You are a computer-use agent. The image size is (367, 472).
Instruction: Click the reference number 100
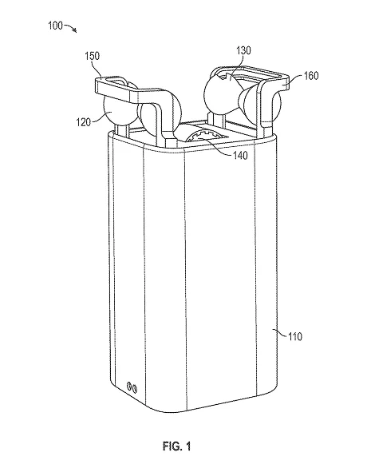[56, 26]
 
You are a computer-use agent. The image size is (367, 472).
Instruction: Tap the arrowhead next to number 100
[75, 30]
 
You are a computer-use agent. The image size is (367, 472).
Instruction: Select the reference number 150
[92, 56]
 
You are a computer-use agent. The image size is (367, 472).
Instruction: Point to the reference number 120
[83, 122]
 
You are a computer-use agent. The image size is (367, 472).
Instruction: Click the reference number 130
[243, 50]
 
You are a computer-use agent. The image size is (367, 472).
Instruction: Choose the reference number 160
[310, 75]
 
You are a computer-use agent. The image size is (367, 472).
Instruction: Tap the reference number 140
[240, 155]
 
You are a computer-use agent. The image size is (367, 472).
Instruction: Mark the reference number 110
[295, 336]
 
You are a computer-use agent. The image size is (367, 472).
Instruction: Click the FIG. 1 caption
[177, 446]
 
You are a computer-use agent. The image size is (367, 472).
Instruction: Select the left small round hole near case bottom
[130, 386]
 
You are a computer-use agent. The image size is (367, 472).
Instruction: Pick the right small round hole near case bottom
[136, 389]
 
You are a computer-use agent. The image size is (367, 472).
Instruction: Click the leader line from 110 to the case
[280, 333]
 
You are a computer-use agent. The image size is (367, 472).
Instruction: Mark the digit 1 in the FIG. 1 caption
[187, 446]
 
